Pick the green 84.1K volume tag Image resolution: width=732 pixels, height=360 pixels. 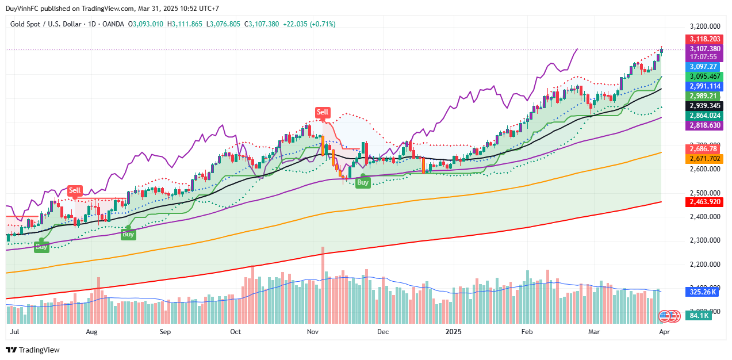pos(700,315)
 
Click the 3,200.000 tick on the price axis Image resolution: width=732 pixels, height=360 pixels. pos(705,26)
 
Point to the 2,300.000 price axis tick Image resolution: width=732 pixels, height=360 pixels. pos(705,240)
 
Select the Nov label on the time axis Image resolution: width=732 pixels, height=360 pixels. pos(312,332)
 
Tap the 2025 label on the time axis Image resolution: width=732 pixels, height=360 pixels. pos(454,332)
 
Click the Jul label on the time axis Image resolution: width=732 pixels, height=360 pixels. pos(16,332)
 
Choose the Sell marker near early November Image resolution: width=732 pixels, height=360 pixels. pos(323,112)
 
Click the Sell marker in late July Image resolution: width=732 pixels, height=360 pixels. pos(75,190)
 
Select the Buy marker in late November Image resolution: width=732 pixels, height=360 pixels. pos(363,182)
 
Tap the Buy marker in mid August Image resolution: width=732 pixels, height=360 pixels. pos(128,234)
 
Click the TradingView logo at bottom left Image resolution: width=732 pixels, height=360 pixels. pos(33,350)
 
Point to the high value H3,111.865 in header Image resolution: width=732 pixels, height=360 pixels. pos(185,24)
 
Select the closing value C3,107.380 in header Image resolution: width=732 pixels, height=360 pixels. pos(262,24)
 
